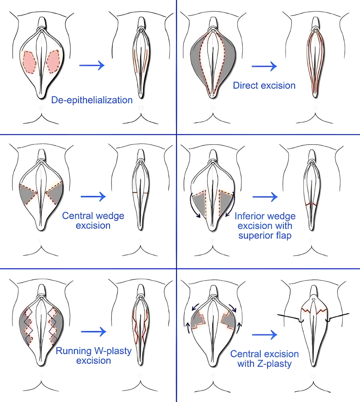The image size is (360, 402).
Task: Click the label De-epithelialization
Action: (x=92, y=100)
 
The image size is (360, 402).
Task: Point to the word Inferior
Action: (x=249, y=216)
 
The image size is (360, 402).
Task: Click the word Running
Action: (x=72, y=351)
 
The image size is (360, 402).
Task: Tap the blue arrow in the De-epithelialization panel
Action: (x=92, y=65)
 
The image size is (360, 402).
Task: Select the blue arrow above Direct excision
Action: (x=264, y=66)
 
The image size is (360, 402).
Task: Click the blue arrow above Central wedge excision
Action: (x=93, y=197)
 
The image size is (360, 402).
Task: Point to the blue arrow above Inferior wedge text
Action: (x=265, y=197)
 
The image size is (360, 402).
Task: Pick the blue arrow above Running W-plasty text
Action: (x=94, y=332)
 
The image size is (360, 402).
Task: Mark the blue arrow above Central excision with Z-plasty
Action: (x=264, y=335)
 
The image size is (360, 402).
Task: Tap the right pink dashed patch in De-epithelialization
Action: (x=53, y=61)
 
